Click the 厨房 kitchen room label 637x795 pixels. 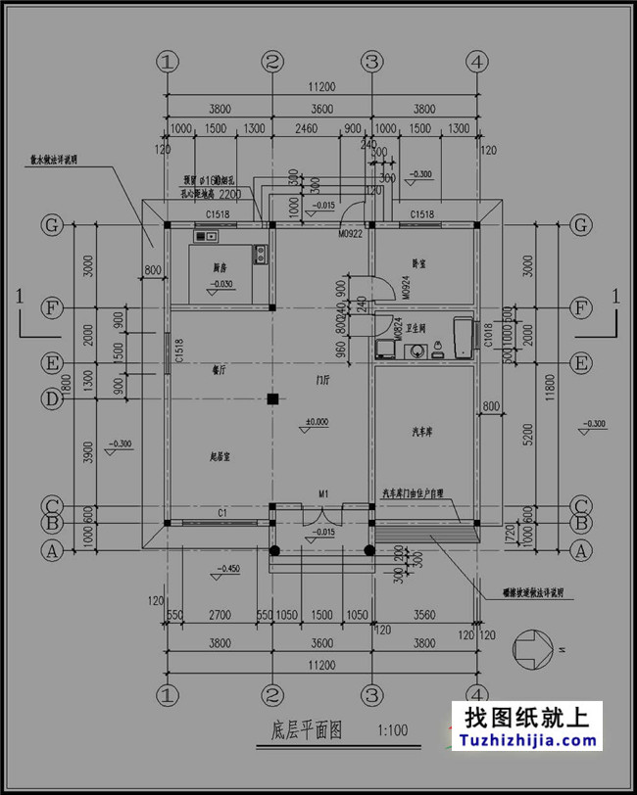220,266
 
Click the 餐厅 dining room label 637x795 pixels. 220,371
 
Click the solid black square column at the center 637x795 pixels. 273,398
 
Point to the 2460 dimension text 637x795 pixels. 308,129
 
